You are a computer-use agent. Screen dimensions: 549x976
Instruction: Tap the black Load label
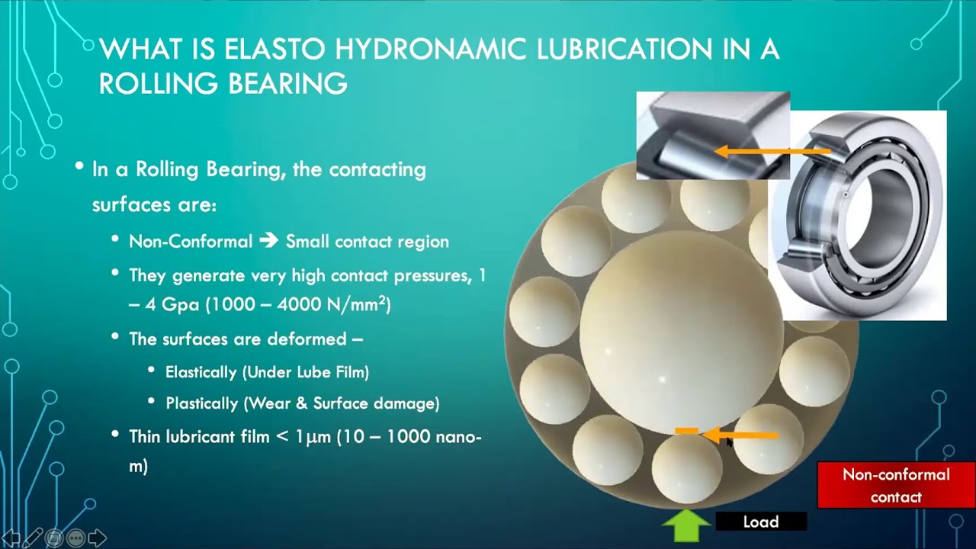[x=760, y=522]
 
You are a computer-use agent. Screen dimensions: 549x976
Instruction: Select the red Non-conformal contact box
[x=895, y=485]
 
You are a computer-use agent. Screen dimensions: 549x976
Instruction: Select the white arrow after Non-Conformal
[x=268, y=242]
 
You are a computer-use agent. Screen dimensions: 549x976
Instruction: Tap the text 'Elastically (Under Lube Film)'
[x=267, y=372]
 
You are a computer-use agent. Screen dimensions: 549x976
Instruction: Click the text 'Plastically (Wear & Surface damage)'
[x=302, y=403]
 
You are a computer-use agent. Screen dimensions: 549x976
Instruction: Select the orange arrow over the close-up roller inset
[x=770, y=152]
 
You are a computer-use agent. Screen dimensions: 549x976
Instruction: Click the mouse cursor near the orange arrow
[x=730, y=442]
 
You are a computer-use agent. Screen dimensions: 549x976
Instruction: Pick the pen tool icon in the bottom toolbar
[x=32, y=538]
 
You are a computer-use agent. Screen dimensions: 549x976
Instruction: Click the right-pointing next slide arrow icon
[x=98, y=538]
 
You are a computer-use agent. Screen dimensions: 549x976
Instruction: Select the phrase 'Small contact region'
[x=367, y=242]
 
